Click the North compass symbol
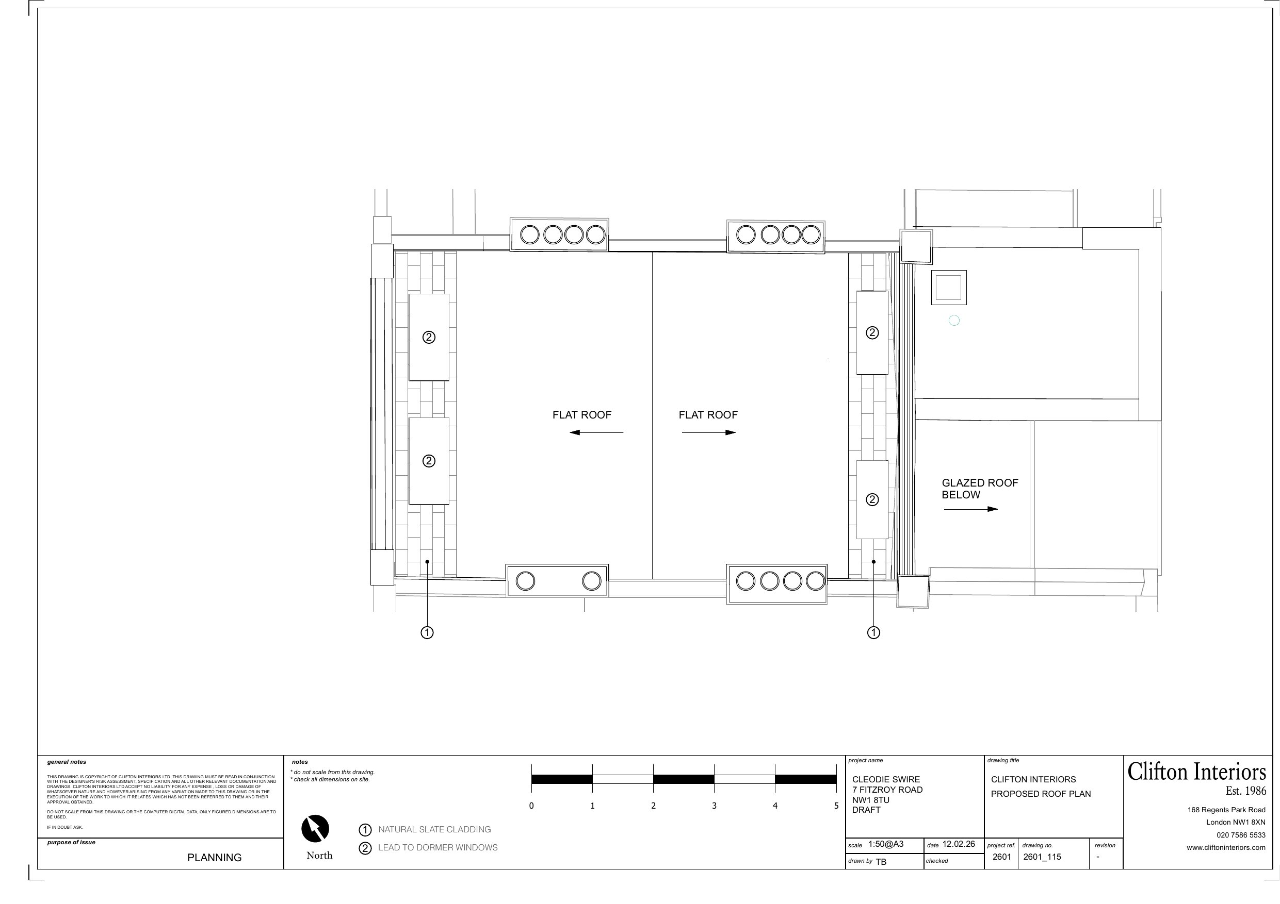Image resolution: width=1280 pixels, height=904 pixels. [x=315, y=828]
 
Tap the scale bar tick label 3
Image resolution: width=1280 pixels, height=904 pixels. [x=714, y=806]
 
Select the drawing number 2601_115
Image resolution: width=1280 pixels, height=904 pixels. [x=1042, y=857]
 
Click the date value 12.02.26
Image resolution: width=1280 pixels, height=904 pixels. [x=959, y=844]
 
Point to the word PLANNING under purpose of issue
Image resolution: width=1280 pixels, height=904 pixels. [x=215, y=858]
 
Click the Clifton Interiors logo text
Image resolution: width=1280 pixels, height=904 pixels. [x=1197, y=772]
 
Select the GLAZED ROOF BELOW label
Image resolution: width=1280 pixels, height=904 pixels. [x=980, y=489]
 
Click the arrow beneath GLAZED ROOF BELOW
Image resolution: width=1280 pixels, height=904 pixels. [x=970, y=509]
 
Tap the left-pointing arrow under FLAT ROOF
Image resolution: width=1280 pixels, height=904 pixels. [x=596, y=432]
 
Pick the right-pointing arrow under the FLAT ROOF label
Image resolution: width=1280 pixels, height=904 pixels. [x=708, y=432]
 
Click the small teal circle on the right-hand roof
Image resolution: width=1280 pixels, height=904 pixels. [x=954, y=320]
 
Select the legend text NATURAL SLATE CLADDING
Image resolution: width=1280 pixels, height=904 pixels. [x=434, y=829]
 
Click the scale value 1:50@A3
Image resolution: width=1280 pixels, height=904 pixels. [x=886, y=844]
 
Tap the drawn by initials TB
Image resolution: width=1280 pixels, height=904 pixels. [x=881, y=862]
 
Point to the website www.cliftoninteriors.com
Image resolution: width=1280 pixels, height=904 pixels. [x=1226, y=847]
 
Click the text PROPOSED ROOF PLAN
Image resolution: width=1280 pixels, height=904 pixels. [x=1041, y=794]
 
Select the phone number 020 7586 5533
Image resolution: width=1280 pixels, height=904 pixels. [x=1241, y=835]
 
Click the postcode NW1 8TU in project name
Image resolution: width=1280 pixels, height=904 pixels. [x=871, y=800]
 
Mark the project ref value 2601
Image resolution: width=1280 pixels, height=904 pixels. [x=1002, y=857]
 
